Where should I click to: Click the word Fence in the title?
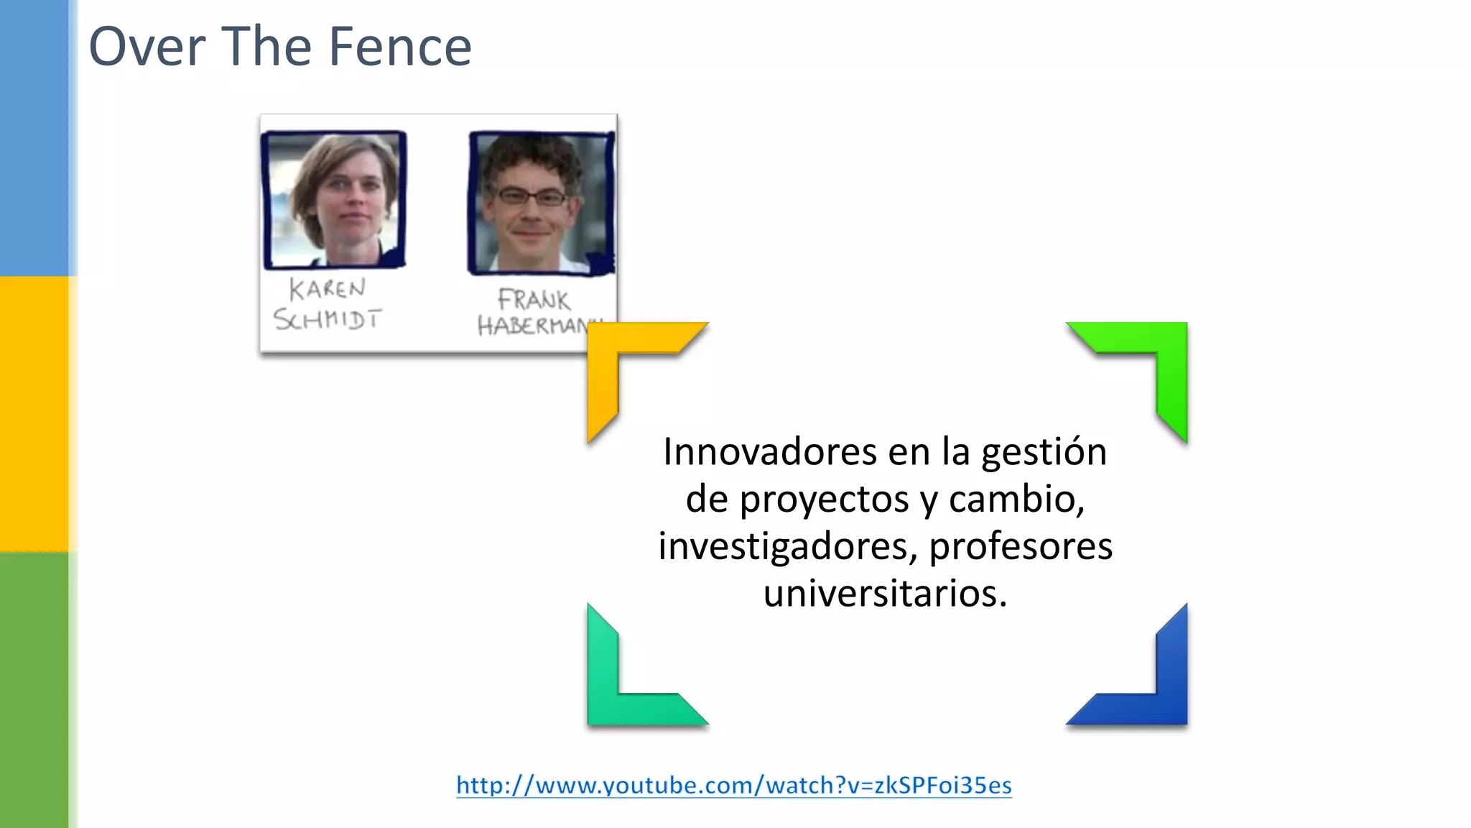coord(400,47)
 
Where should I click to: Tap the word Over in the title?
coord(147,47)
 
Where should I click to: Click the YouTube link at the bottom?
coord(734,785)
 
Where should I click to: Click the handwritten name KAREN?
coord(328,289)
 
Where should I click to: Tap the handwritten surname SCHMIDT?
coord(328,319)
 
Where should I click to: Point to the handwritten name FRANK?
coord(534,299)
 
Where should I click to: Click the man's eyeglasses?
coord(532,196)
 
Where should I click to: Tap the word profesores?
coord(1021,547)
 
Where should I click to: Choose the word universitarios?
coord(885,594)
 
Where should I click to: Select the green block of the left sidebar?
coord(34,690)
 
